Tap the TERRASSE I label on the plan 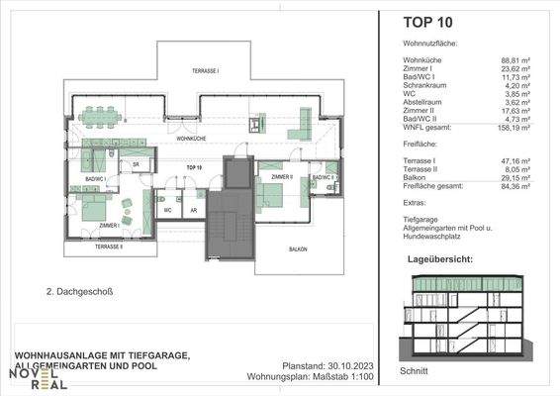click(x=205, y=72)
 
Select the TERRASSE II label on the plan click(x=108, y=246)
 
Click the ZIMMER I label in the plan click(x=111, y=226)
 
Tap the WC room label click(x=168, y=211)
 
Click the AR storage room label click(x=193, y=211)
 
